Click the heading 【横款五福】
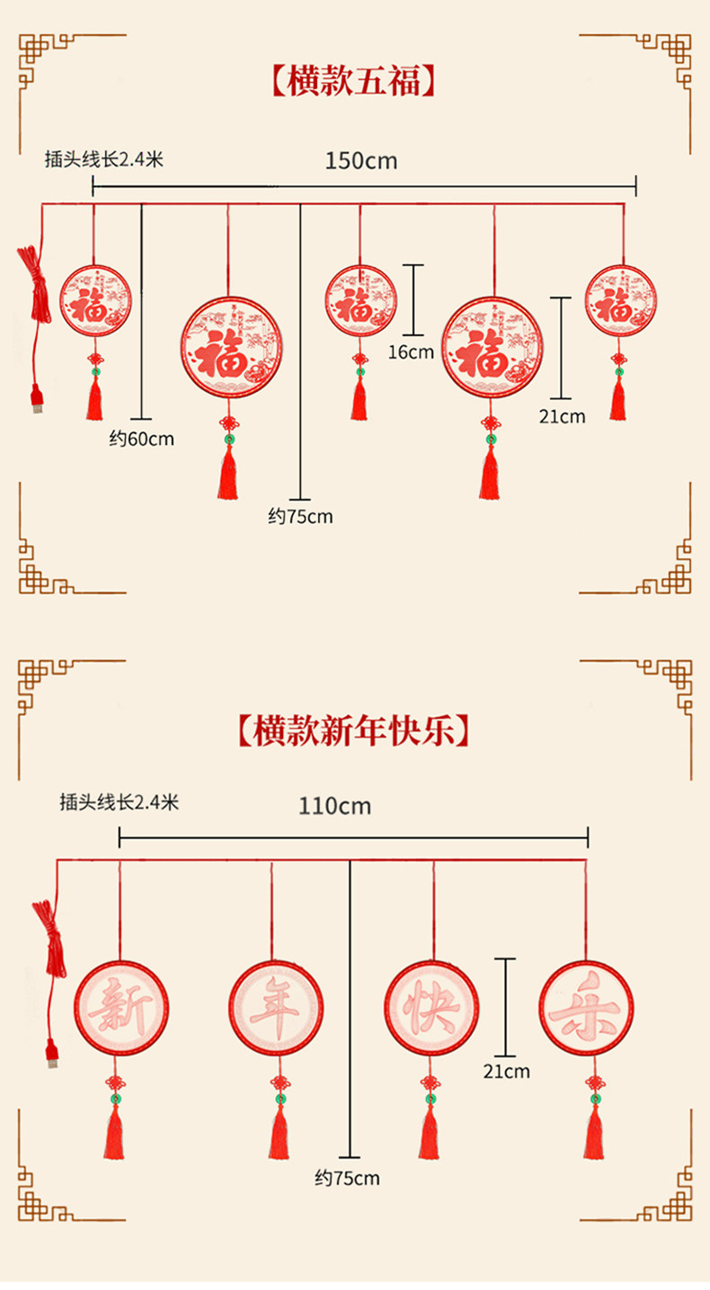pos(354,81)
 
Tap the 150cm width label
pos(360,161)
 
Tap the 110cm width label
pos(334,805)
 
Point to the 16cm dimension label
pos(411,351)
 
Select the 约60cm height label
pos(142,439)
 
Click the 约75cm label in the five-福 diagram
pos(300,516)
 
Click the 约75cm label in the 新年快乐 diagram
pos(347,1178)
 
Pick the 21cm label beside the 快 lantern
pos(506,1071)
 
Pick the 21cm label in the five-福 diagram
pos(562,415)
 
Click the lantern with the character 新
pos(120,1007)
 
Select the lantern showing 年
pos(275,1007)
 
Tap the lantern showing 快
pos(431,1007)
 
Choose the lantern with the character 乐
pos(586,1007)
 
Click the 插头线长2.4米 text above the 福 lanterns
pos(104,160)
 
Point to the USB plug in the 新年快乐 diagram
pos(53,1054)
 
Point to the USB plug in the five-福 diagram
pos(37,399)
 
